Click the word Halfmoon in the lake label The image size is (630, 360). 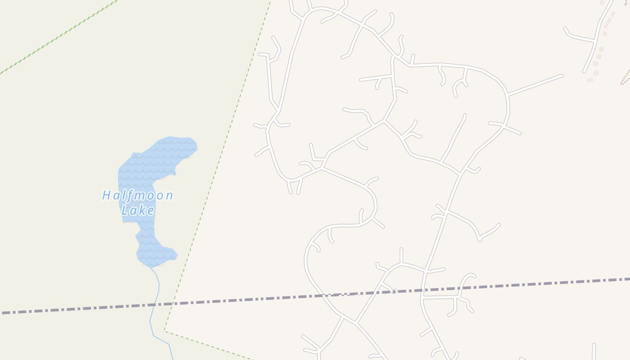tap(138, 196)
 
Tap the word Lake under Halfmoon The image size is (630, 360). tap(138, 210)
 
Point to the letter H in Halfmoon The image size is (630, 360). tap(107, 195)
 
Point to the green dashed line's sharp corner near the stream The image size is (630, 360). tap(164, 332)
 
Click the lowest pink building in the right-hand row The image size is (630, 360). tap(590, 80)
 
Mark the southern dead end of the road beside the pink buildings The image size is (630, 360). tap(584, 72)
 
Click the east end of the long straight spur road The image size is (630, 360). tap(562, 75)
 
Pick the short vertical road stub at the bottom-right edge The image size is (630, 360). tap(594, 351)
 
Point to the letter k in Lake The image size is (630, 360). tap(144, 210)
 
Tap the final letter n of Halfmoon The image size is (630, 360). tap(168, 196)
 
